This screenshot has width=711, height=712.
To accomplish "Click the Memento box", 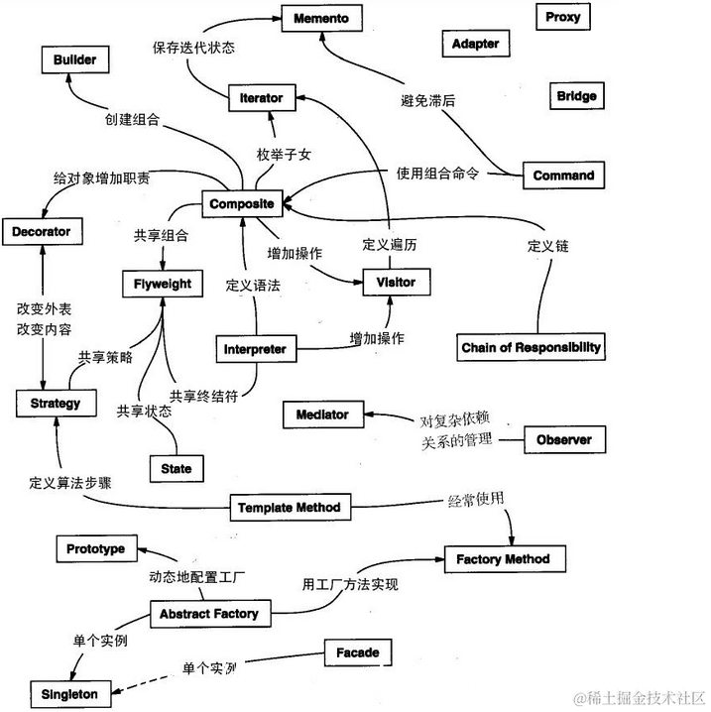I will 319,17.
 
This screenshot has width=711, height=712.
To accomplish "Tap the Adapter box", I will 475,44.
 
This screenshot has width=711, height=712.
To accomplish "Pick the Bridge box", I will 576,96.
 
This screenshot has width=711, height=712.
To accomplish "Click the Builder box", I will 75,60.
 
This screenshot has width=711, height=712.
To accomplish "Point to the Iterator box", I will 262,97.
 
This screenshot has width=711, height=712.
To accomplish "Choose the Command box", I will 563,176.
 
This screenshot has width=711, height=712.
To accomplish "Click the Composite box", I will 242,204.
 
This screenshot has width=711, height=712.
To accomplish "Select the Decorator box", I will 42,233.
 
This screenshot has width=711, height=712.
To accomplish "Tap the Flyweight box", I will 163,284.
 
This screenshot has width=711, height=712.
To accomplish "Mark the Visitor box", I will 396,283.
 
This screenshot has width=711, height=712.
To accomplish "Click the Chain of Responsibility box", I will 532,348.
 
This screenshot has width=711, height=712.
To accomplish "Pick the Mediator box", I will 321,415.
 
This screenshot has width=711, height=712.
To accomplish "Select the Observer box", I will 563,439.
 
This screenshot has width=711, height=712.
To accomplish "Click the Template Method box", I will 289,508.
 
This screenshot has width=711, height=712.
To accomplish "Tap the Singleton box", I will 69,694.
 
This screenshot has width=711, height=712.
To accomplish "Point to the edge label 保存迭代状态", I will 194,46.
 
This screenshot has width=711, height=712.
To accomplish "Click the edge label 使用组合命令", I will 438,174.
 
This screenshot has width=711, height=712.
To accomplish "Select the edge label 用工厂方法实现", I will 350,585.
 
